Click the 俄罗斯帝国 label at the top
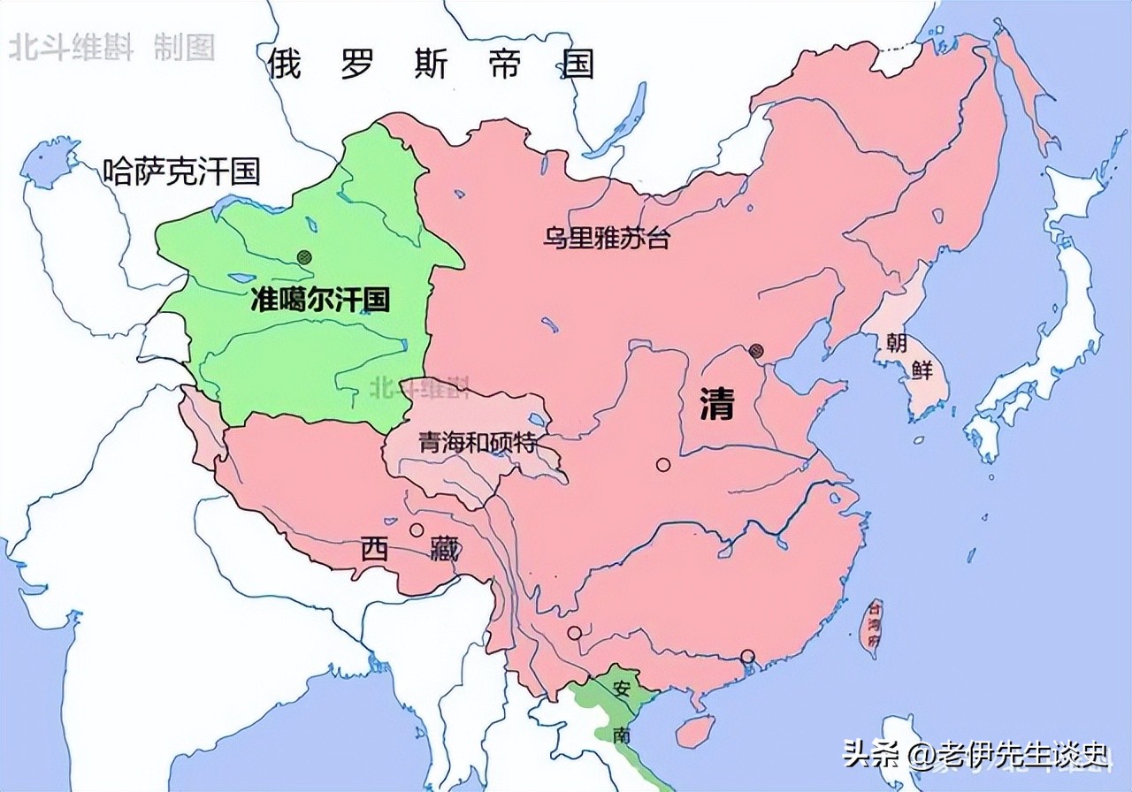(432, 65)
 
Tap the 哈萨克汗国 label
(181, 170)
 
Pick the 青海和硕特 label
(478, 441)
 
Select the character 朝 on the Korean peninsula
(897, 343)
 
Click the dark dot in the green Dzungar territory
(305, 257)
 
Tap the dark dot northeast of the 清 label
(756, 351)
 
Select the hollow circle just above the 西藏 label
(417, 530)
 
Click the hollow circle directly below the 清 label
(662, 464)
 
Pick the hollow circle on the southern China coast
(747, 656)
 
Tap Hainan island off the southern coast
(693, 730)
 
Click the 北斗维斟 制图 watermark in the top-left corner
(111, 48)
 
